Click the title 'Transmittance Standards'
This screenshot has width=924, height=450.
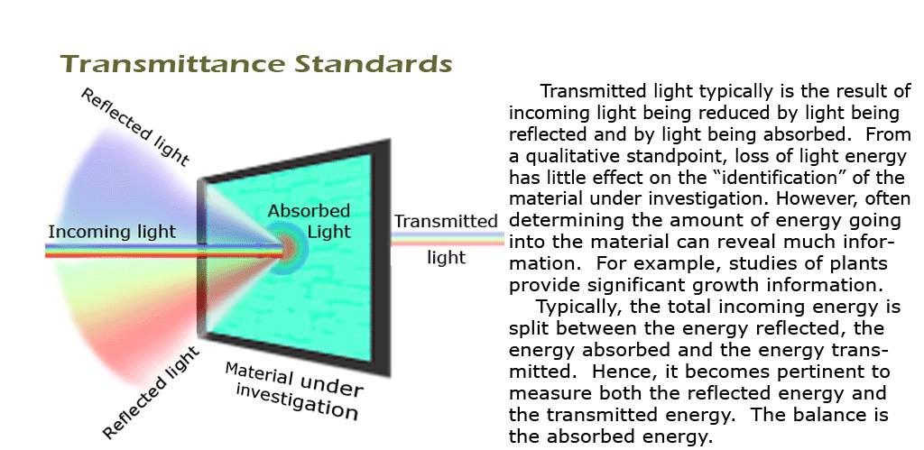[256, 64]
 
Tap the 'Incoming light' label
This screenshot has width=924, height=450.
[112, 232]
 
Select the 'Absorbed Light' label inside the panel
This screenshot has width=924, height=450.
[309, 220]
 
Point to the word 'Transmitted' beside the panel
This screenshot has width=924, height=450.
[446, 222]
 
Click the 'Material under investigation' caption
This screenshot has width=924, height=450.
[293, 390]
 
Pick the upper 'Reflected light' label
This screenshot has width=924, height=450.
[135, 126]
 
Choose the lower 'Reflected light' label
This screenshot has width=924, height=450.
[152, 393]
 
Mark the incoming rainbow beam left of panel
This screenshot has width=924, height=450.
[122, 251]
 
